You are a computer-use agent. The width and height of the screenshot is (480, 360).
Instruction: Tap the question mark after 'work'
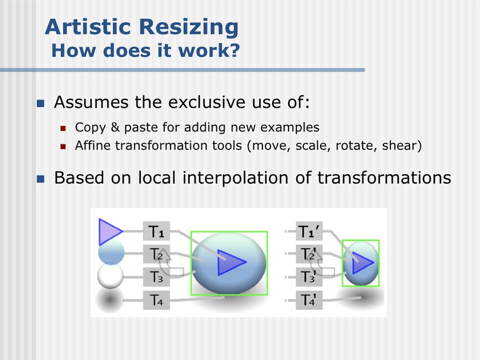234,50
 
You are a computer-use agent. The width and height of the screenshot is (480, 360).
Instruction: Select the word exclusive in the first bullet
207,102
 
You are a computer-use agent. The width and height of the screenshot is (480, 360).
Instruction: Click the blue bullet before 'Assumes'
40,103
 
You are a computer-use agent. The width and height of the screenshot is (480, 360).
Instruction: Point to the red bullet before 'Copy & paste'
63,128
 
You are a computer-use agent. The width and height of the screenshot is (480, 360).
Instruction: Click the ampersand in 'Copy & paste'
115,127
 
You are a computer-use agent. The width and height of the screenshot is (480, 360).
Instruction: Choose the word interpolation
235,178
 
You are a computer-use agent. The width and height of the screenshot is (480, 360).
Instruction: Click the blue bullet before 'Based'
40,179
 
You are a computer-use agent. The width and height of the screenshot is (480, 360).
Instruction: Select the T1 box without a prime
156,231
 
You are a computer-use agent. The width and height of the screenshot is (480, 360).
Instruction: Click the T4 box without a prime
156,300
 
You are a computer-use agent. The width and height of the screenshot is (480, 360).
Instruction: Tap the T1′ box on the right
309,231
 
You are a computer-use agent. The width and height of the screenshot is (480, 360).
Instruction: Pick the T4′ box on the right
309,300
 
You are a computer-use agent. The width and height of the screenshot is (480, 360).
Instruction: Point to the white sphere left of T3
110,277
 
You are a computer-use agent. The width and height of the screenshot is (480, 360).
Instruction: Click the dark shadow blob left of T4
109,300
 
